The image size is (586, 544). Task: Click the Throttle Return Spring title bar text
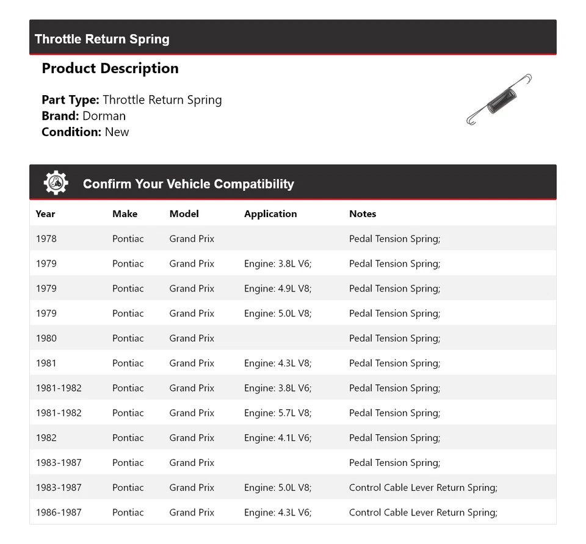click(102, 39)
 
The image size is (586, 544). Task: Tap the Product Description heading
click(110, 68)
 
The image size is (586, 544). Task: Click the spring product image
click(499, 99)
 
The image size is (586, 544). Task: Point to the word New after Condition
click(117, 132)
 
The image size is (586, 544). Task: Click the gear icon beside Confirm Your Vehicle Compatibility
click(56, 183)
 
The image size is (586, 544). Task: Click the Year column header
click(45, 213)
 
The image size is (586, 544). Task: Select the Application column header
click(270, 213)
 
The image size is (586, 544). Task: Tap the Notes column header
click(363, 213)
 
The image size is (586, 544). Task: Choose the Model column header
click(184, 213)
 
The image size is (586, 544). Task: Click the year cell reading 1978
click(46, 238)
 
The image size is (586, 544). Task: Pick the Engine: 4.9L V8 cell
click(278, 288)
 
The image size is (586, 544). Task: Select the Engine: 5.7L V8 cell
click(278, 413)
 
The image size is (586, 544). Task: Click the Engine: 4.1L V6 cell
click(278, 438)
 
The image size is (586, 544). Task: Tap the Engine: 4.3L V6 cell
click(278, 512)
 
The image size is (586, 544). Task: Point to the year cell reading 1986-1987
click(59, 512)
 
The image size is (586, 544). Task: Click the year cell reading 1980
click(46, 338)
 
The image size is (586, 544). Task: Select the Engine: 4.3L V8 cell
click(278, 363)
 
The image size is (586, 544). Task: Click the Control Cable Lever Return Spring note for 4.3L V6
click(423, 512)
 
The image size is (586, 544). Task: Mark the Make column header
click(125, 213)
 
